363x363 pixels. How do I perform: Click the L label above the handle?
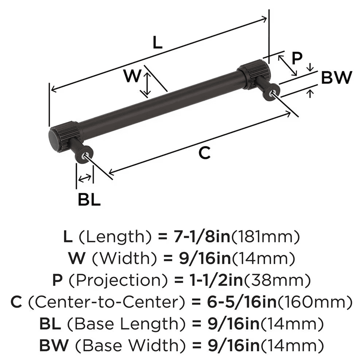click(157, 43)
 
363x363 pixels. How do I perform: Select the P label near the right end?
click(297, 58)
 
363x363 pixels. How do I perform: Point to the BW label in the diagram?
click(337, 77)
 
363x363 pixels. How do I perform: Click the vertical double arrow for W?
click(146, 85)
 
